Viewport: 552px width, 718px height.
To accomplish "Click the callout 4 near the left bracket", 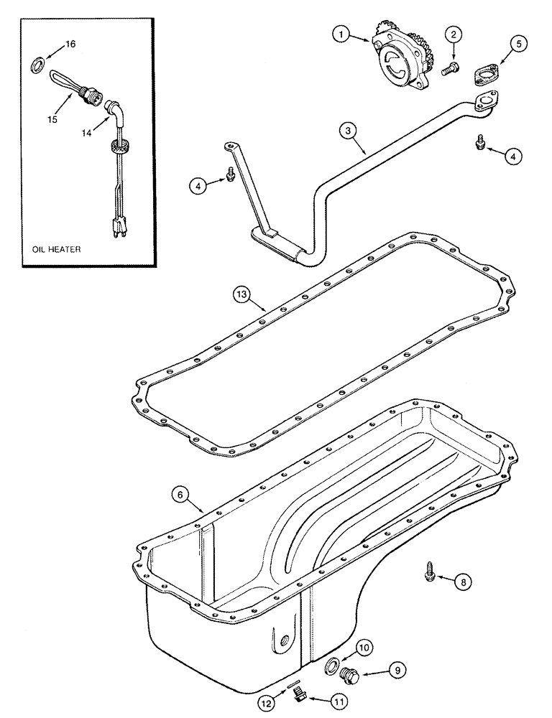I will tap(200, 185).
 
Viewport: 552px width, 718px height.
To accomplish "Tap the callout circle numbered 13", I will tap(242, 294).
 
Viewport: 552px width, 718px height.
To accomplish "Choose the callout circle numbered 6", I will tap(180, 493).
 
